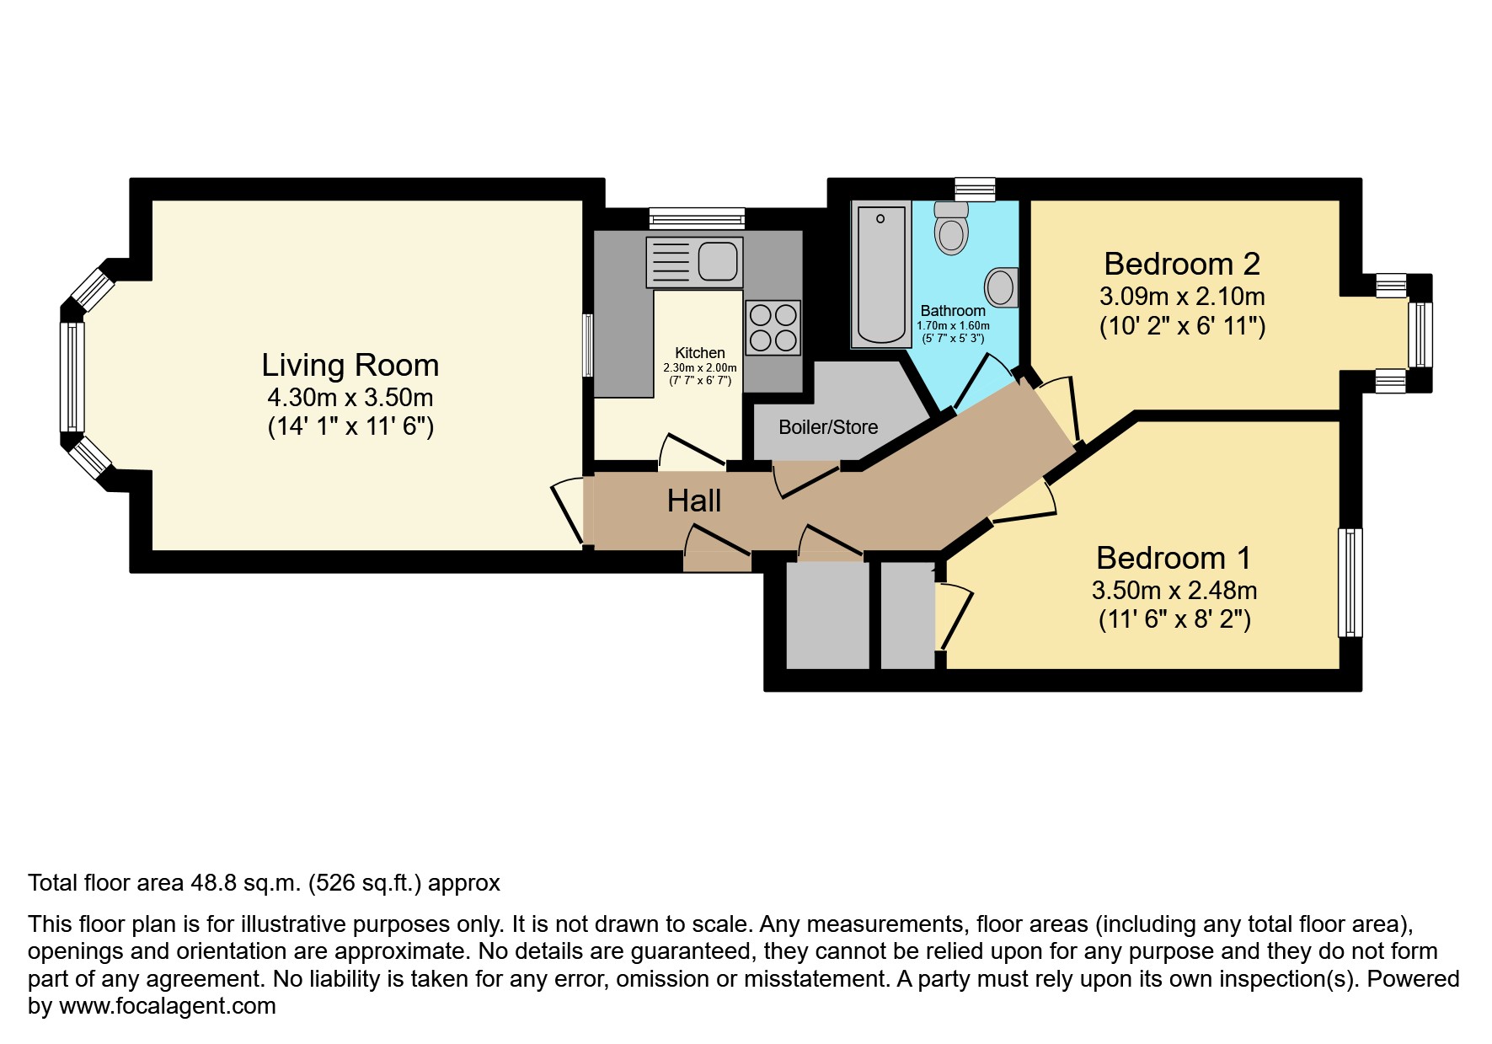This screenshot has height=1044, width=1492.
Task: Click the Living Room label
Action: (x=350, y=366)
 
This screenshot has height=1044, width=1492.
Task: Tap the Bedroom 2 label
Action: (x=1182, y=265)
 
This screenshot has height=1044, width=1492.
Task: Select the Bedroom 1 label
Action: (x=1174, y=559)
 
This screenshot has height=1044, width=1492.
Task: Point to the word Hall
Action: (x=694, y=501)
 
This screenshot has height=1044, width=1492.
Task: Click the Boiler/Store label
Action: (x=828, y=427)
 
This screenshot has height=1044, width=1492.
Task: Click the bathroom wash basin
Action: (x=1002, y=287)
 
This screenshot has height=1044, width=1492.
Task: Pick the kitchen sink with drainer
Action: (x=694, y=262)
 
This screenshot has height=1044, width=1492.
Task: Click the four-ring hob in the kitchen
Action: (x=773, y=328)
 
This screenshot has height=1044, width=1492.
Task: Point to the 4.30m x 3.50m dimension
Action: (x=350, y=398)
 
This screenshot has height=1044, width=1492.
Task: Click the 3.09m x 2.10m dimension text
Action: (x=1182, y=297)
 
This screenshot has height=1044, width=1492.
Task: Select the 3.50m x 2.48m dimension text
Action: (x=1174, y=591)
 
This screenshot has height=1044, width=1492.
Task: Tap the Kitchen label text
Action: (x=700, y=353)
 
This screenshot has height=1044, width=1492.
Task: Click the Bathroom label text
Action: (x=953, y=311)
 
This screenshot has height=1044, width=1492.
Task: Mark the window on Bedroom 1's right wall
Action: (x=1350, y=582)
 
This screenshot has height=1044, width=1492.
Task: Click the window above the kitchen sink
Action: (x=697, y=218)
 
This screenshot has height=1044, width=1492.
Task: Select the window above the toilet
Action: (x=975, y=189)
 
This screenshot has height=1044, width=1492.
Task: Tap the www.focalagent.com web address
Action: (x=168, y=1006)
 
